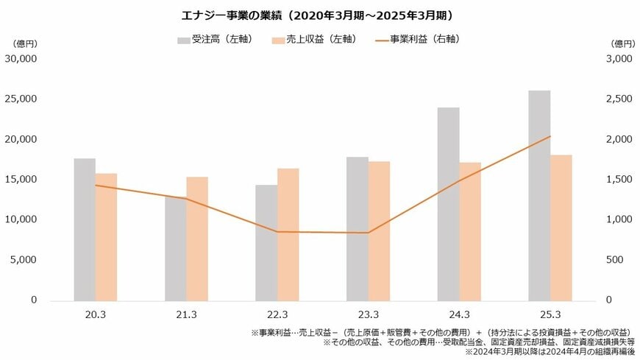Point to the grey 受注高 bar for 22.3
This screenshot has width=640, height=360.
(x=266, y=242)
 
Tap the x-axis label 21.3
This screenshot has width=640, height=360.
(x=186, y=314)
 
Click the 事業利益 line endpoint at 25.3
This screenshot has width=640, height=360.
(x=550, y=136)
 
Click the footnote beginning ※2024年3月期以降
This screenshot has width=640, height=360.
(x=550, y=353)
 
